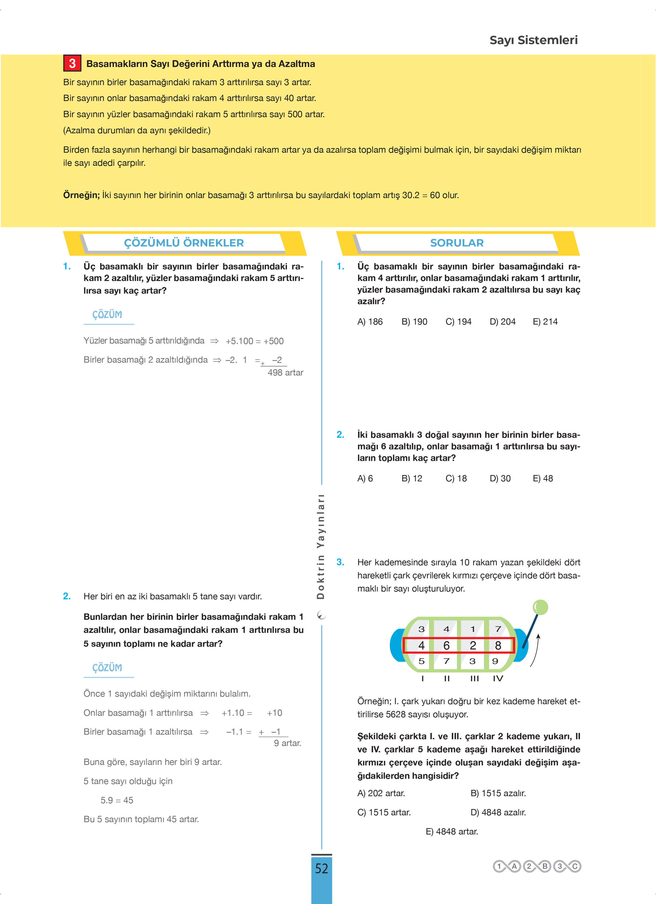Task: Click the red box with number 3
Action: (x=72, y=63)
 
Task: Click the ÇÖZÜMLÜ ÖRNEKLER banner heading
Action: (x=184, y=243)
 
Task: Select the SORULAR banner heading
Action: (x=457, y=243)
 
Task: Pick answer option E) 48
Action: (x=543, y=478)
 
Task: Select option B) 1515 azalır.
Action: (x=498, y=793)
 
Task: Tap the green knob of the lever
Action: (x=540, y=608)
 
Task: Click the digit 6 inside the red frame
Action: (x=446, y=645)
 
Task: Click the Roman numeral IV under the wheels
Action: (x=498, y=678)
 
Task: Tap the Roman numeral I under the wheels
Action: (x=422, y=678)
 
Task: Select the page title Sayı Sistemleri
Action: (x=533, y=40)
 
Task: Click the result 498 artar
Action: (x=285, y=373)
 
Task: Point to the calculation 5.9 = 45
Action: (x=117, y=800)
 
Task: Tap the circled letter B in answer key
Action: (x=545, y=866)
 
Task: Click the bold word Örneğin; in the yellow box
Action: (x=81, y=195)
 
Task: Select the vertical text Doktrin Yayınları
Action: (x=321, y=546)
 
